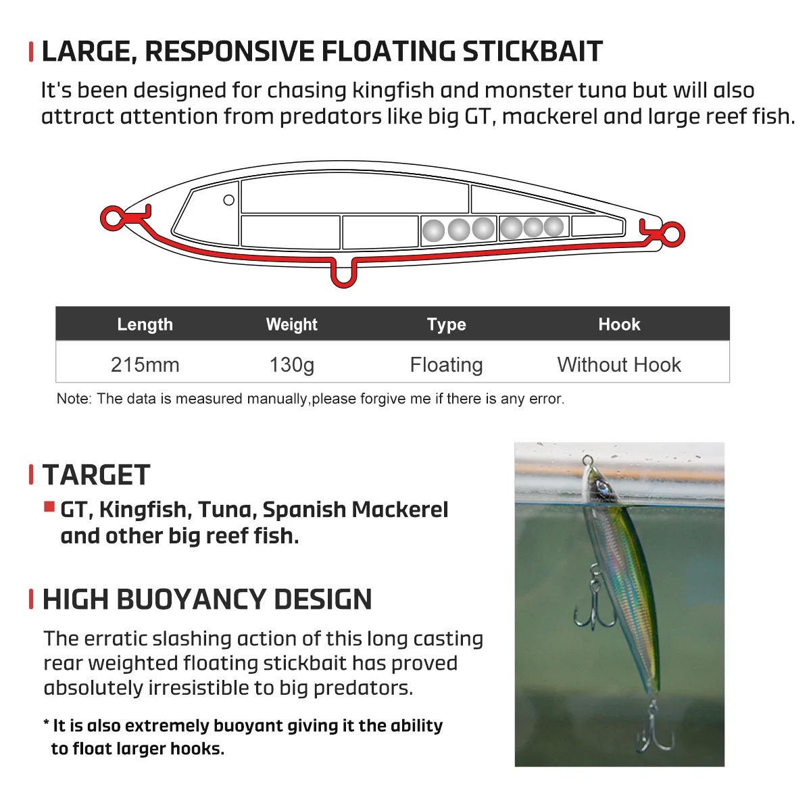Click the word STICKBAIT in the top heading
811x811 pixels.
(x=532, y=51)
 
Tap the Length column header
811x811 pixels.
(x=145, y=324)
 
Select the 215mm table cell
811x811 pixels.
(x=145, y=365)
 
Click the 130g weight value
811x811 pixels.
(x=291, y=365)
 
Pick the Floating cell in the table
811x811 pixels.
(x=446, y=365)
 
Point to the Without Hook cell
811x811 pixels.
(x=619, y=365)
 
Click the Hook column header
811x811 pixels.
(x=619, y=324)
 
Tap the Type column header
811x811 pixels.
(x=446, y=324)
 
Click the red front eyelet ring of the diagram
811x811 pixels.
(x=112, y=218)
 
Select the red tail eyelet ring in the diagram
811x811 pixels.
(x=673, y=235)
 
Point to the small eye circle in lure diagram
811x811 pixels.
(x=228, y=200)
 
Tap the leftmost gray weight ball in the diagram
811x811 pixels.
(x=433, y=231)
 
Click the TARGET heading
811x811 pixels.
(x=96, y=475)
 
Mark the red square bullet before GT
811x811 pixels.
(x=49, y=507)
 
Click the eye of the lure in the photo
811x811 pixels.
(x=599, y=486)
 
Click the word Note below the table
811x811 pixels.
(x=74, y=399)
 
